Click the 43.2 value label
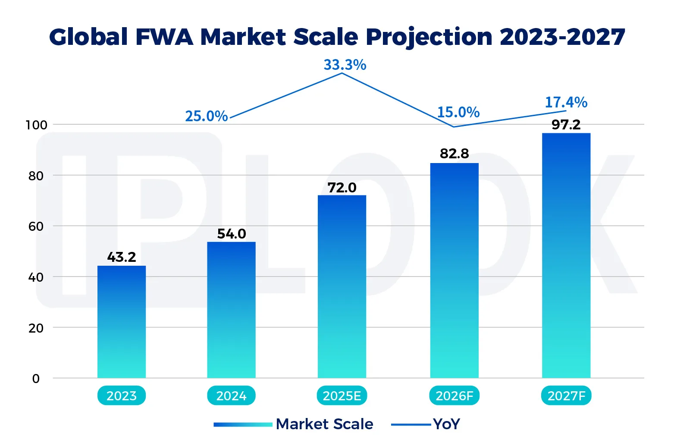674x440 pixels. pyautogui.click(x=122, y=258)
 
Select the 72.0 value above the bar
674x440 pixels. pyautogui.click(x=342, y=188)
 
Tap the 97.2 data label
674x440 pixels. pyautogui.click(x=566, y=125)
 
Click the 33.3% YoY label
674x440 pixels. pyautogui.click(x=345, y=65)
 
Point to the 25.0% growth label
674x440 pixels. pyautogui.click(x=207, y=116)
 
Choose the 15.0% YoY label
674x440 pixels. pyautogui.click(x=458, y=113)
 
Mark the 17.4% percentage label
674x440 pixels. pyautogui.click(x=566, y=103)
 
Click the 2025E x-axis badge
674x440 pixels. pyautogui.click(x=342, y=396)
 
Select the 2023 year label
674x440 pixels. pyautogui.click(x=122, y=396)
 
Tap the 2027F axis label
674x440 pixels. pyautogui.click(x=566, y=396)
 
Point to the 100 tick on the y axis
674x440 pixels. pyautogui.click(x=36, y=125)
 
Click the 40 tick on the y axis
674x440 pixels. pyautogui.click(x=36, y=277)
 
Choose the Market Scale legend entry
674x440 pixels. pyautogui.click(x=324, y=424)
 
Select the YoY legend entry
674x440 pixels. pyautogui.click(x=447, y=424)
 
